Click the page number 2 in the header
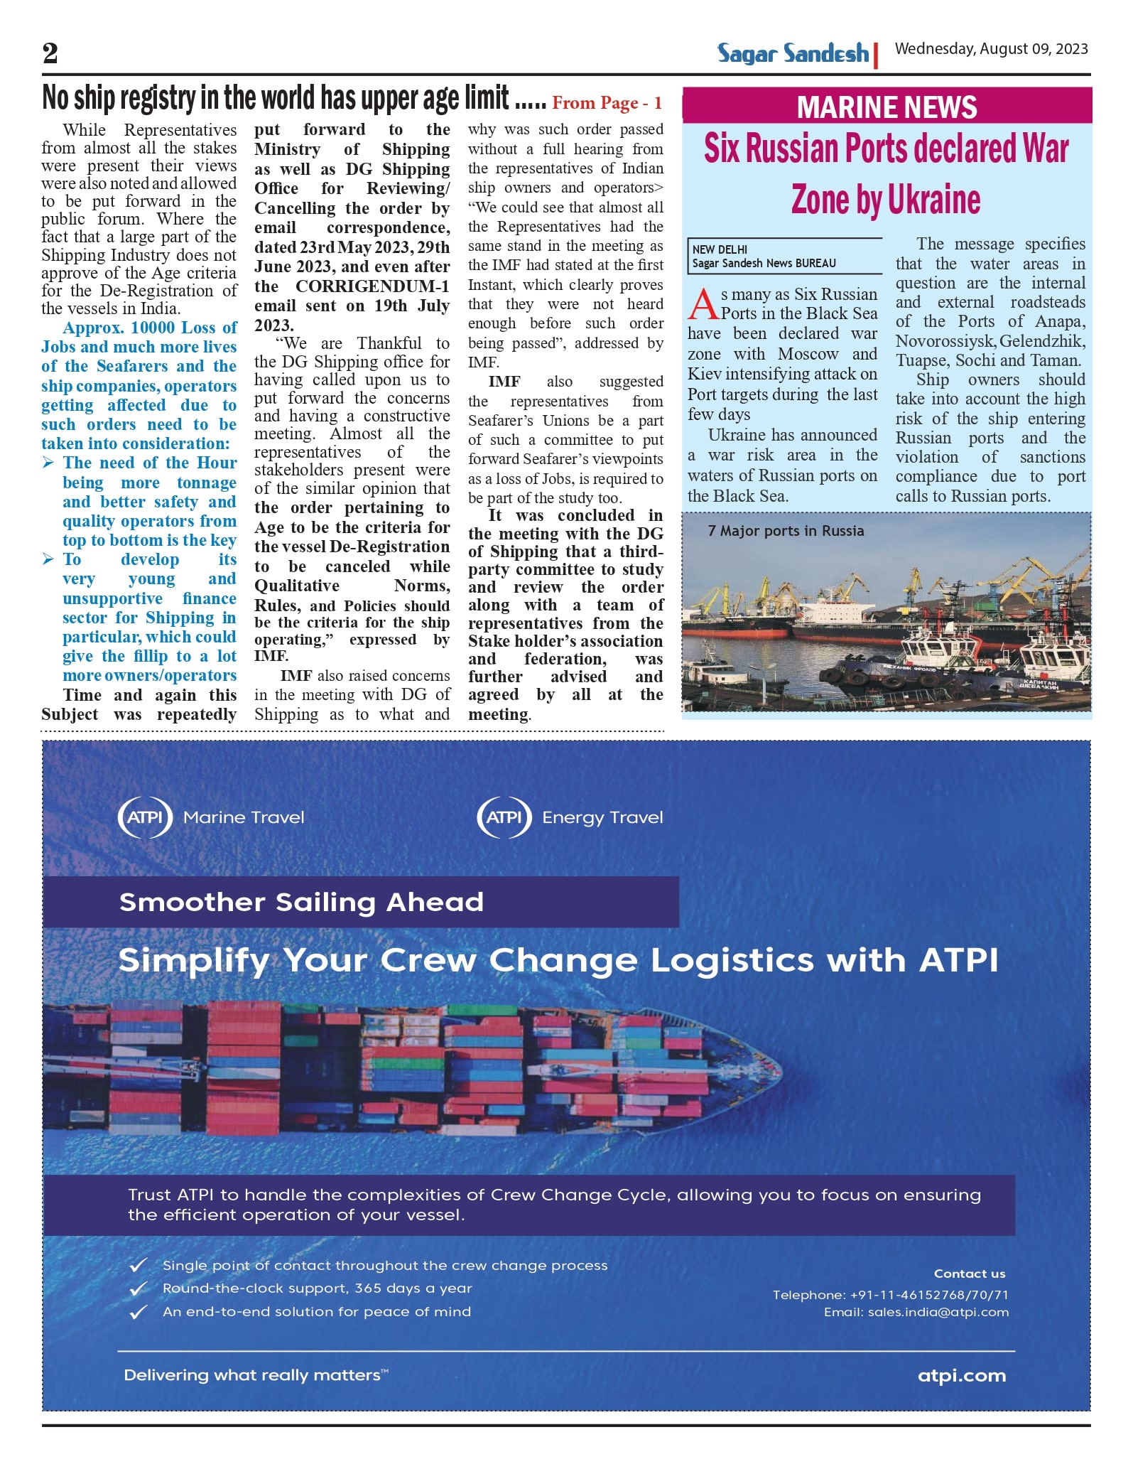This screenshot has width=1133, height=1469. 50,53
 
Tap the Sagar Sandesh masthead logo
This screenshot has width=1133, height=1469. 792,53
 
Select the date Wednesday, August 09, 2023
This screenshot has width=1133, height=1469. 991,49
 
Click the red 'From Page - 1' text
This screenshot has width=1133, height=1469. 607,103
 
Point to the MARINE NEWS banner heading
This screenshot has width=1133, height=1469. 887,107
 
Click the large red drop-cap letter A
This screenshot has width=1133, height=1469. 703,303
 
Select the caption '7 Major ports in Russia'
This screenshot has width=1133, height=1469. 786,531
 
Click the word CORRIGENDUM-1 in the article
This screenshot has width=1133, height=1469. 372,286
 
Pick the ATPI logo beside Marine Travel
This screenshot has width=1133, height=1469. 145,817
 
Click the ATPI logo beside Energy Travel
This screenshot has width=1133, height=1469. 504,817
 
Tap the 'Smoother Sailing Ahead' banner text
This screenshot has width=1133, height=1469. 301,902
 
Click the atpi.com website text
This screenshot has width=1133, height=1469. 962,1375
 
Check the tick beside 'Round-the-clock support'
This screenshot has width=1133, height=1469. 139,1288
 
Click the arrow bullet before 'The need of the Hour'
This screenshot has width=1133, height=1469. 48,463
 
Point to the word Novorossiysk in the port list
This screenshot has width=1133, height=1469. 944,341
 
